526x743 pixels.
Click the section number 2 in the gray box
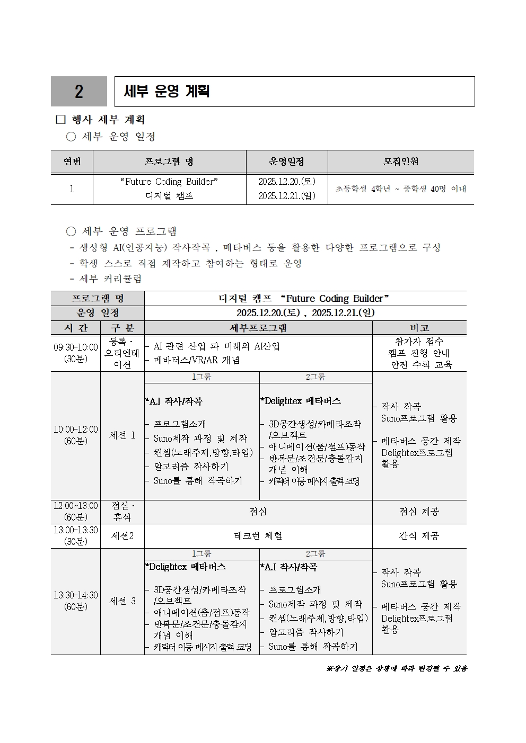79,92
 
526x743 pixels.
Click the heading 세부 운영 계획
166,91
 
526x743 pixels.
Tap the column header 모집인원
401,162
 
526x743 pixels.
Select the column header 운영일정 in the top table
287,162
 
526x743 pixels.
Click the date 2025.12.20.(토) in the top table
287,182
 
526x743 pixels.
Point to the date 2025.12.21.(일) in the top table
287,196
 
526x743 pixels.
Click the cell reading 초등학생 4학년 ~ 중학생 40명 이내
401,189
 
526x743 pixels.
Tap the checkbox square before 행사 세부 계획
60,120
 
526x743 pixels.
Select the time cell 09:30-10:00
76,347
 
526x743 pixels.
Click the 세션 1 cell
122,435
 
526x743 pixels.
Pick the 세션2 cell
122,536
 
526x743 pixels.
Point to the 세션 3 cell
122,601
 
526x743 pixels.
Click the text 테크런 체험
258,536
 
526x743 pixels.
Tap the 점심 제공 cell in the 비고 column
419,512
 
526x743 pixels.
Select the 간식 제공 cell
419,536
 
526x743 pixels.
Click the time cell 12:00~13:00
76,506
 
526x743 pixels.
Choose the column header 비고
419,328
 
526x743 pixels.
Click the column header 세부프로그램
258,328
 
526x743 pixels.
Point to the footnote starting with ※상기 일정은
396,668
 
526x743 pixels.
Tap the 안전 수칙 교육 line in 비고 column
422,365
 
